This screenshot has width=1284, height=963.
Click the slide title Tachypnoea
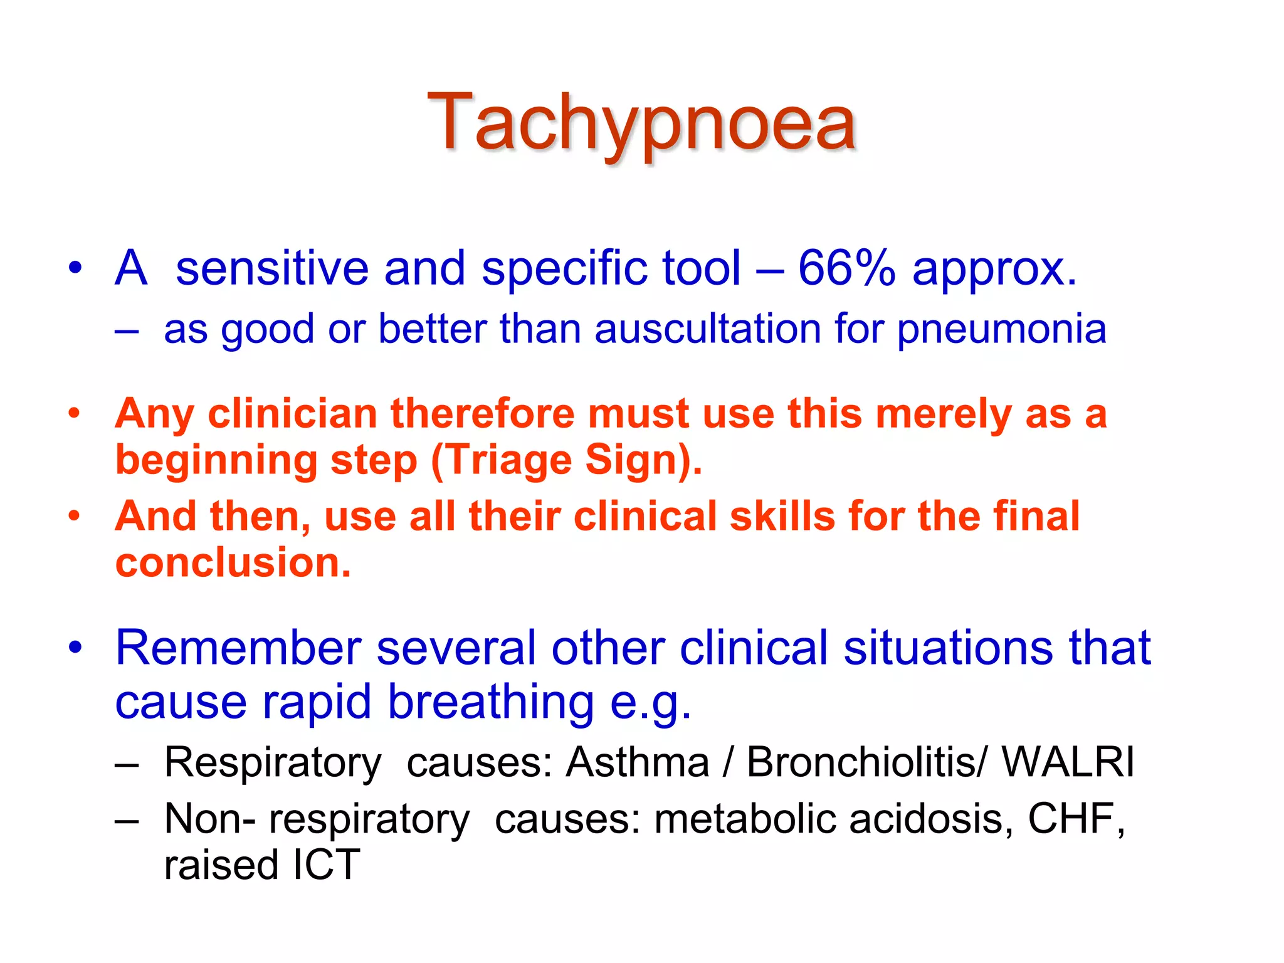point(641,122)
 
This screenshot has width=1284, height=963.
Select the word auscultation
point(707,329)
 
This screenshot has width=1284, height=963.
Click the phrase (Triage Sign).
point(566,461)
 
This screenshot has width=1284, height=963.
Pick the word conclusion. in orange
point(233,562)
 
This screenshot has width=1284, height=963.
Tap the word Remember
point(238,648)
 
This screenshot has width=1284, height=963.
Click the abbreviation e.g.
point(650,702)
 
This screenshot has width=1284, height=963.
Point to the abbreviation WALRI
point(1068,762)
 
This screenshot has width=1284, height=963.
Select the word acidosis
point(930,819)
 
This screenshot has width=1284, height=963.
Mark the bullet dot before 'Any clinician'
point(75,413)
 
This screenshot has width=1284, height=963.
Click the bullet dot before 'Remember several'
point(75,647)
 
